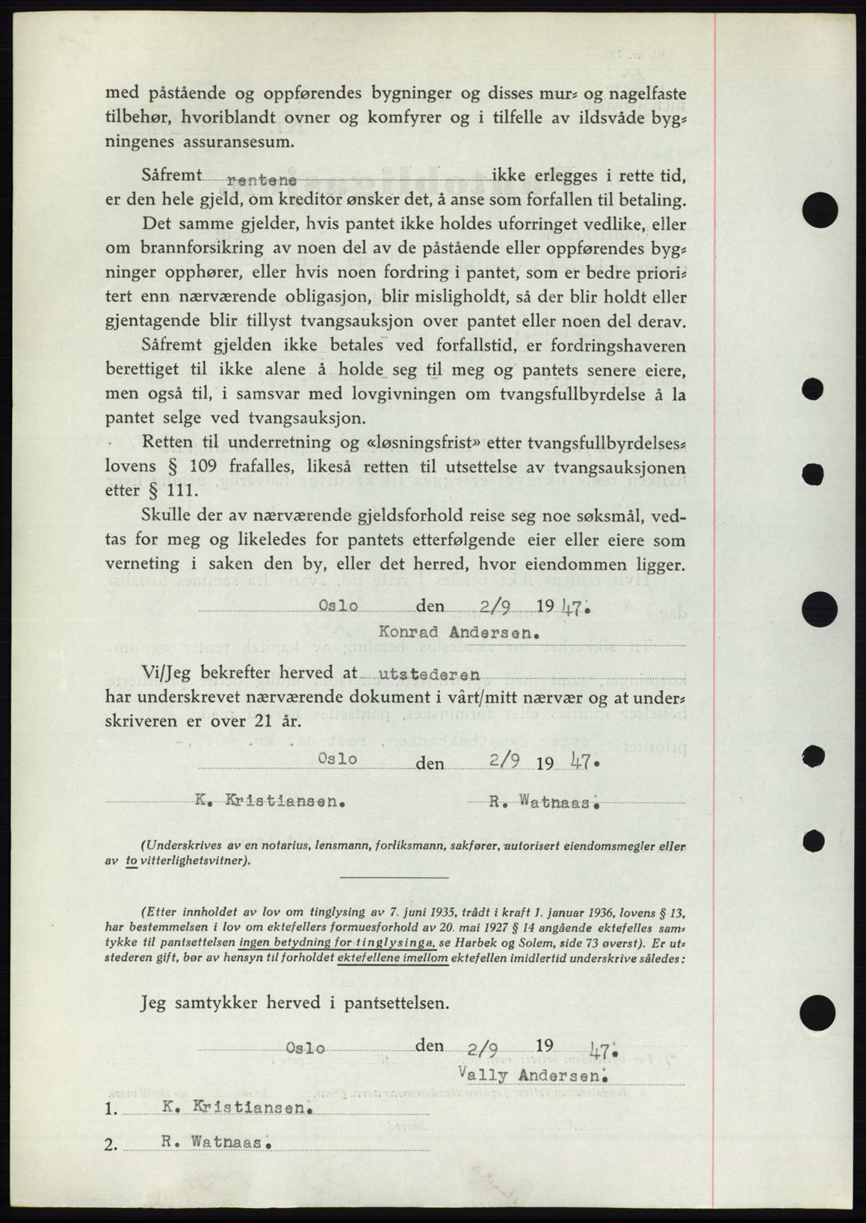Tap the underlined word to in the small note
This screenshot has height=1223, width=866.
pos(131,860)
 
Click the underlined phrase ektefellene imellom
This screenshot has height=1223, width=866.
pos(393,958)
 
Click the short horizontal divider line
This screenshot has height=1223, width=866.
pos(395,877)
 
